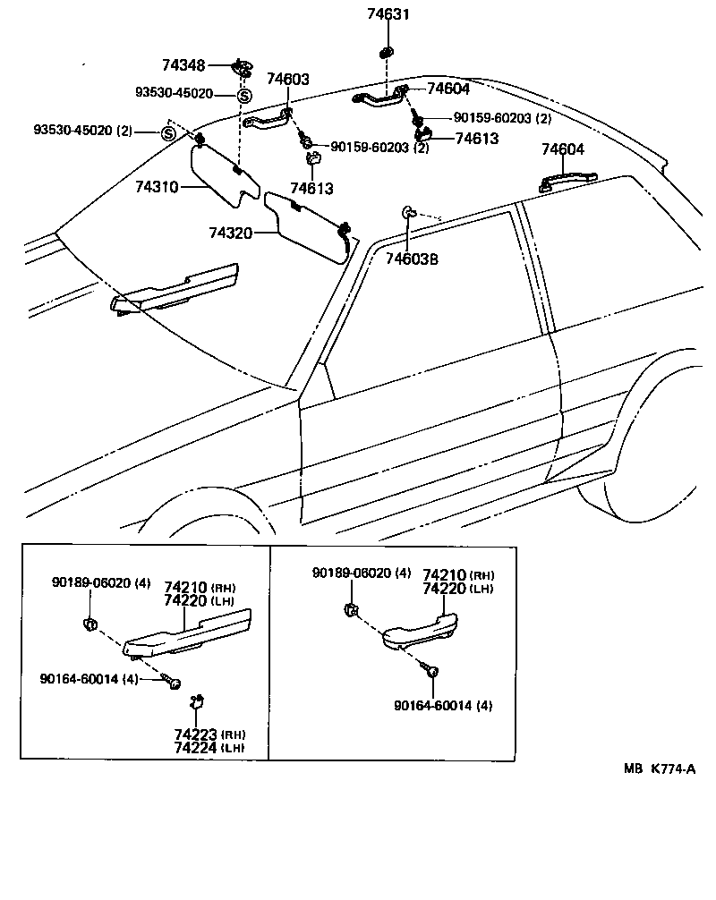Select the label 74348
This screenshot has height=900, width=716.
click(x=183, y=65)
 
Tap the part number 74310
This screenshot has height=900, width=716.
click(x=158, y=187)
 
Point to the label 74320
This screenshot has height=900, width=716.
click(x=231, y=233)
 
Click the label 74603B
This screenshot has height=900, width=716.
click(x=412, y=259)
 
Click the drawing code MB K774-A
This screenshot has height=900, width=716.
click(x=660, y=768)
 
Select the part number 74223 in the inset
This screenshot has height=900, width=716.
click(x=196, y=734)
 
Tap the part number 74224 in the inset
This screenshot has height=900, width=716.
click(x=196, y=747)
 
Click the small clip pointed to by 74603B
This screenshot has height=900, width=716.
click(x=407, y=212)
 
